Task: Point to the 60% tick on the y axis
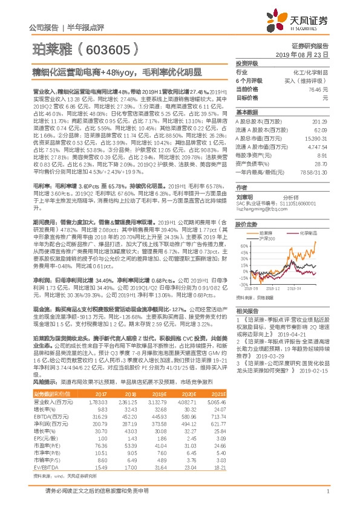pos(243,246)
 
